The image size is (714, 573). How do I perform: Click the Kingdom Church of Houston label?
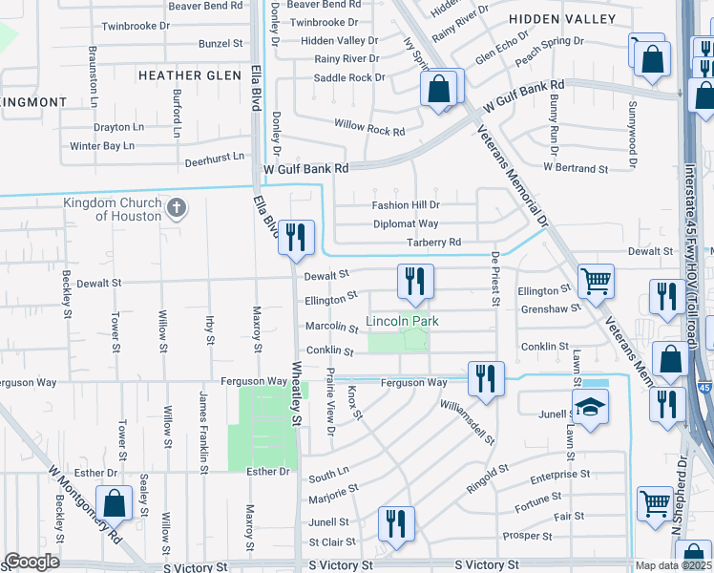[113, 209]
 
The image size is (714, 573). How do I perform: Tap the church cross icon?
[176, 208]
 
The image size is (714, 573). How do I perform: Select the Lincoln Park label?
[404, 321]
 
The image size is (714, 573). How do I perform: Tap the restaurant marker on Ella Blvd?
[296, 236]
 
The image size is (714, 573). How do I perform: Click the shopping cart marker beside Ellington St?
[596, 281]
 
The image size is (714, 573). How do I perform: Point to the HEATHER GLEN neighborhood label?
[190, 75]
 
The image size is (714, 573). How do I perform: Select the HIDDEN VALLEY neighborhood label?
[562, 19]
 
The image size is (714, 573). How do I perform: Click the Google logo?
[31, 562]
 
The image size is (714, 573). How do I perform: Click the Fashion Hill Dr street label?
[406, 205]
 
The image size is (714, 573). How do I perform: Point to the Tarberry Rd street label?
[433, 243]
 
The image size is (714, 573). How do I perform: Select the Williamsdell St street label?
[467, 423]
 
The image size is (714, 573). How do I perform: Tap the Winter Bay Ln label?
[102, 146]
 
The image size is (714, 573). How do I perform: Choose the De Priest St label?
[495, 280]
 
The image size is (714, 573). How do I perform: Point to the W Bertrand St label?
[576, 168]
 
